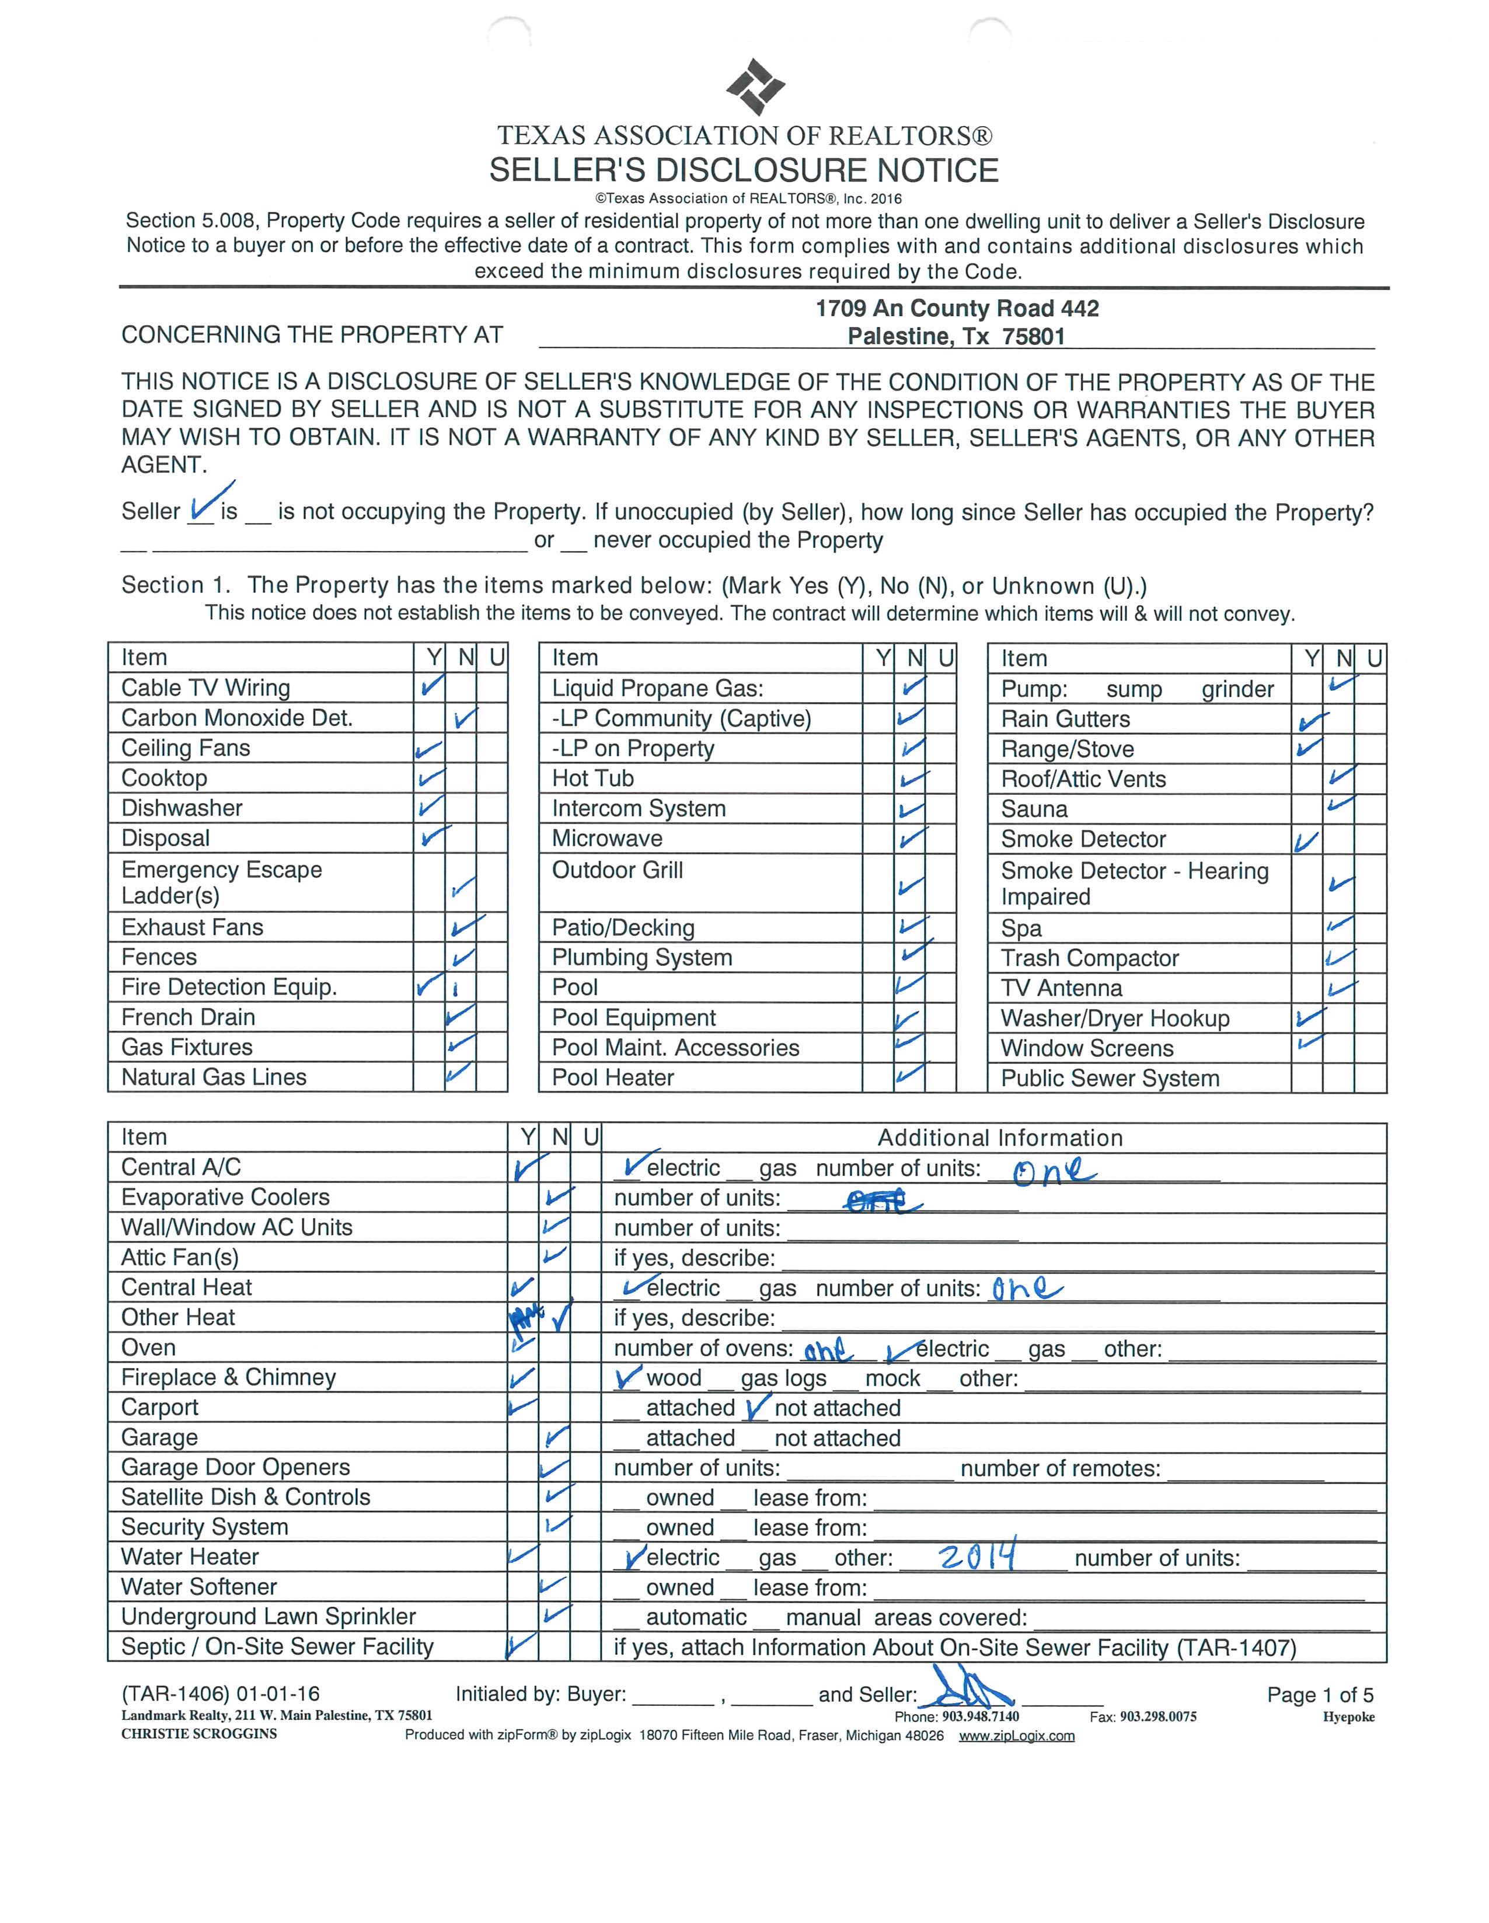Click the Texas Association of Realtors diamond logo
755,86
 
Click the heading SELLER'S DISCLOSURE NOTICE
744,170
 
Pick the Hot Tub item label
592,779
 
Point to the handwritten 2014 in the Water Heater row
978,1556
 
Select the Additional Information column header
999,1137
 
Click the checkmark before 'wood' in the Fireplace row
629,1377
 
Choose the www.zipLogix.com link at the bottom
1016,1736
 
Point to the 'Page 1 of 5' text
1319,1695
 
